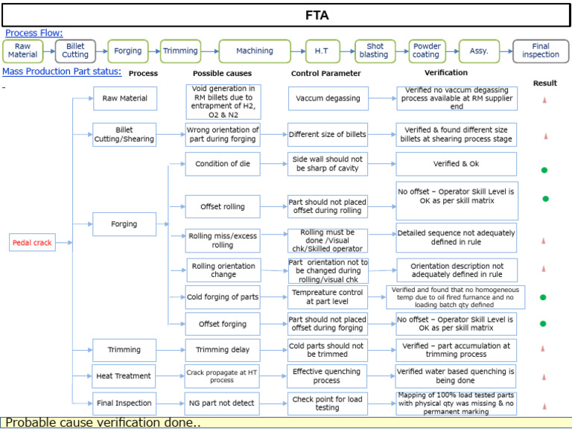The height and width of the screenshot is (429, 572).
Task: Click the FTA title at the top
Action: (x=317, y=15)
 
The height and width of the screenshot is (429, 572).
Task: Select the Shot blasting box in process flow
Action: (x=374, y=51)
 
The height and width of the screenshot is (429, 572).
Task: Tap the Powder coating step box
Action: (x=426, y=51)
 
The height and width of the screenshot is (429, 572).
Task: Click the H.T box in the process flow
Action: (x=322, y=51)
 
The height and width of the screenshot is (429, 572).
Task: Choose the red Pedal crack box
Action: (x=32, y=243)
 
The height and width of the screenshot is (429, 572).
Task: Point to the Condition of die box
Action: (x=222, y=164)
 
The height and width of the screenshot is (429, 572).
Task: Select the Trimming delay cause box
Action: (x=222, y=350)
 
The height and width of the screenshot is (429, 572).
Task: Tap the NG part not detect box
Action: (x=222, y=403)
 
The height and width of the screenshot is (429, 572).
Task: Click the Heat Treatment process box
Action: (x=124, y=376)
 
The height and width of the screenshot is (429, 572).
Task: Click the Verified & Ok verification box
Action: (x=456, y=164)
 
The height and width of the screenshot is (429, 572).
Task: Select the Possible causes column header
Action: (x=222, y=74)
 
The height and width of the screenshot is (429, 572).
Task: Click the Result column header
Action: (x=544, y=83)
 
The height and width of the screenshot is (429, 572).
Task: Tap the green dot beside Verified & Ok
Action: (x=544, y=171)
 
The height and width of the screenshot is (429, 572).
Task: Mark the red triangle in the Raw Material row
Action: (x=544, y=99)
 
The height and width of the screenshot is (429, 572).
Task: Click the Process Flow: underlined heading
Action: (x=34, y=33)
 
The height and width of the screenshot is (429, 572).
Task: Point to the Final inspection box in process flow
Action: (x=540, y=51)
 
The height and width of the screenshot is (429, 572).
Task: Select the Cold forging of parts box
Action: (x=222, y=297)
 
